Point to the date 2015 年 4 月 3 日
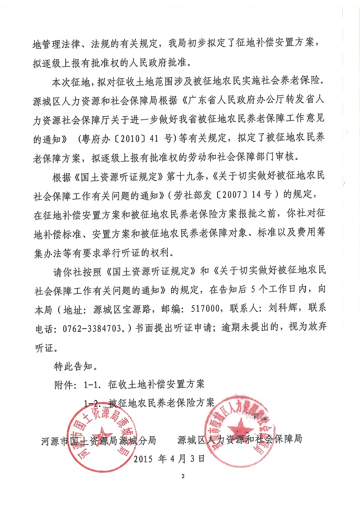[170, 459]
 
